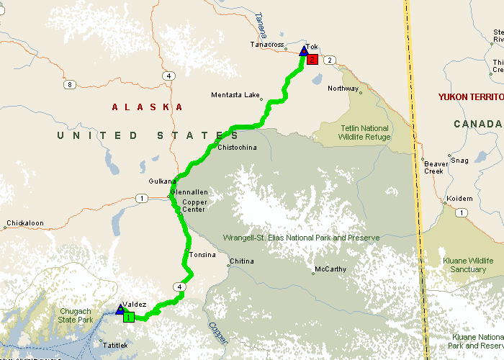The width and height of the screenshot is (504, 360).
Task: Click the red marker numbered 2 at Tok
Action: pos(312,60)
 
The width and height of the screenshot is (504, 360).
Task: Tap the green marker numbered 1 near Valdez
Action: pos(128,317)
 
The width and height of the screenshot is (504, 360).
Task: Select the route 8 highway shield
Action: pos(69,85)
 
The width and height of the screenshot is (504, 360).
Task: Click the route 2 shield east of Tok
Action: pos(329,60)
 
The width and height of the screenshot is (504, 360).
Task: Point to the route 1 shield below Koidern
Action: pos(461,212)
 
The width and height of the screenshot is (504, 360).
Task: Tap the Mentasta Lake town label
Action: pos(235,95)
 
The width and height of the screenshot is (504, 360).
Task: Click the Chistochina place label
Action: pos(237,148)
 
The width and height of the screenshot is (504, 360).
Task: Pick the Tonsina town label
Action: pos(202,256)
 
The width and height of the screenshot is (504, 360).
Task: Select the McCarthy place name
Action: pos(330,270)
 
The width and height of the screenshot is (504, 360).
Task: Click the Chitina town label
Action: pos(242,261)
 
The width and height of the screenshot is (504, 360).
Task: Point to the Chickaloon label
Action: pos(25,224)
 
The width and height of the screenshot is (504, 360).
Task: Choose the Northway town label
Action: pos(343,89)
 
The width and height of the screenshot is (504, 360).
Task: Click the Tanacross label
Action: pos(267,45)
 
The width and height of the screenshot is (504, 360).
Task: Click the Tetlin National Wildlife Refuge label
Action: pos(366,132)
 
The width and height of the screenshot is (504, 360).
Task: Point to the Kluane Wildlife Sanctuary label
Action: pos(469,265)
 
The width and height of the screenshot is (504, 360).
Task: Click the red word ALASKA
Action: pos(148,107)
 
